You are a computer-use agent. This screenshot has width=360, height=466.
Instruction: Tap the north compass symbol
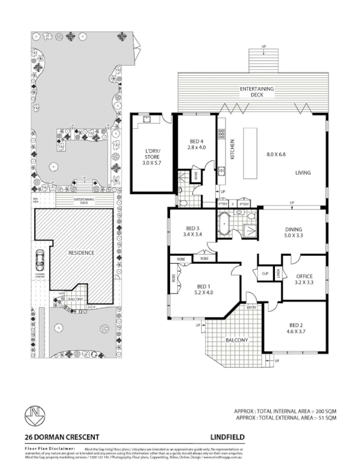[35, 415]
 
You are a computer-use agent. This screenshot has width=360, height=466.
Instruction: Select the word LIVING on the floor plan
[303, 172]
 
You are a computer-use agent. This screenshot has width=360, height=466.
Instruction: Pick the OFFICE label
[304, 276]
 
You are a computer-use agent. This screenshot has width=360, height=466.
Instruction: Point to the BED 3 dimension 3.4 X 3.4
[192, 234]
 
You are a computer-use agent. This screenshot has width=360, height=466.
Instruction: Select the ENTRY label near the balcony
[252, 308]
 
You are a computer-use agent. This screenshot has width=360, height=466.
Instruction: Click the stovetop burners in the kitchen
[222, 134]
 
